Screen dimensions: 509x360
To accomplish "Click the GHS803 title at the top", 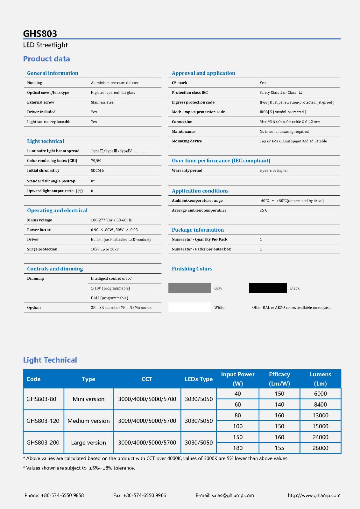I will (x=40, y=34).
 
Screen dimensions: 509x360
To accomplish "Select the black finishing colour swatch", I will (x=268, y=288).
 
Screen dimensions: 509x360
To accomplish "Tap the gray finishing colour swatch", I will (x=190, y=288).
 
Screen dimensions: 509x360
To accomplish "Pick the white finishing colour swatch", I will (x=190, y=307).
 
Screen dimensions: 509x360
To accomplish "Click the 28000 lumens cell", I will (x=320, y=448).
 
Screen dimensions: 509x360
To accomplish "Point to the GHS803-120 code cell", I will (x=43, y=421).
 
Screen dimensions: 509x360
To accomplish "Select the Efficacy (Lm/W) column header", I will (x=279, y=379).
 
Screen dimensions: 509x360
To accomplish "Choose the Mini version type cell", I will (x=88, y=399).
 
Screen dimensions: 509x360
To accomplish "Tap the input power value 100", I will (x=237, y=426).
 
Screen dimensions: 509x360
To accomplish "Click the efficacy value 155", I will (x=279, y=448).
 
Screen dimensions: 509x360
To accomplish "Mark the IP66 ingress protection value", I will (x=297, y=102).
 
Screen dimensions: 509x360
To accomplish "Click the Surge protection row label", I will (x=42, y=249).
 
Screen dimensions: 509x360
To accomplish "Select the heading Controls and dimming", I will (x=55, y=269).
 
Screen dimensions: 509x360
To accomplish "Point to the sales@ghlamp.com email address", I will (x=233, y=495).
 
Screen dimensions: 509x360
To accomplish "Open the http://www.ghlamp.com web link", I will (x=314, y=495).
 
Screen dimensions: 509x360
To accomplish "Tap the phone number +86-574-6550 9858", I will (x=62, y=495).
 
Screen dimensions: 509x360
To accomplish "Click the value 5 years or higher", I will (x=274, y=171).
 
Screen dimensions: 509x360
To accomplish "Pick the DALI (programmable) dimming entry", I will (x=109, y=298).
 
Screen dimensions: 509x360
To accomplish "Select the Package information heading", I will (x=198, y=230).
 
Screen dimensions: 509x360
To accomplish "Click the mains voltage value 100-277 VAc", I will (x=111, y=220).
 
